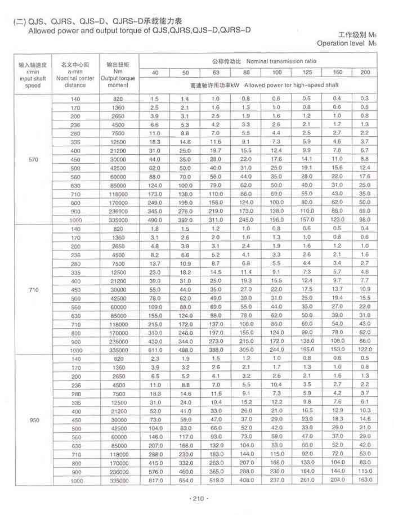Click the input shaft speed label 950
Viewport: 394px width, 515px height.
[x=33, y=419]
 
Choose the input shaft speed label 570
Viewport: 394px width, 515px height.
[x=33, y=160]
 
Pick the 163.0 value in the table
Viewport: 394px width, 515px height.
[x=365, y=481]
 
